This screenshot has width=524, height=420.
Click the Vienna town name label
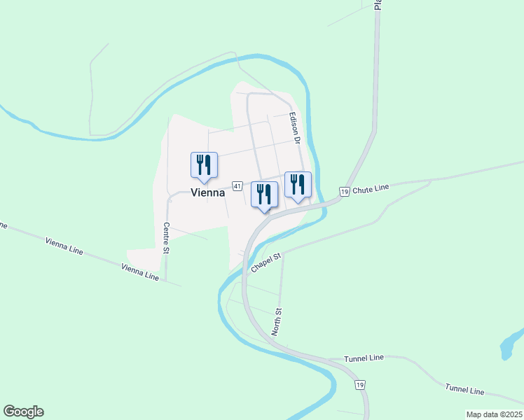207,192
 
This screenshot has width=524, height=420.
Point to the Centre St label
167,238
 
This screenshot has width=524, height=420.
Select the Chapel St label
266,263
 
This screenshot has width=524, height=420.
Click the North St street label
277,321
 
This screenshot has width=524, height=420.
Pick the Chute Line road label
371,189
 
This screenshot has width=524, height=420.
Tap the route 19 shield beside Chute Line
344,191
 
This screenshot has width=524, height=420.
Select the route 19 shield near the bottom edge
359,385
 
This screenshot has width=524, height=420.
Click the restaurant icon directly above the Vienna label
204,164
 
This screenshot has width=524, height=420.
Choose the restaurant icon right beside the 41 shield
264,195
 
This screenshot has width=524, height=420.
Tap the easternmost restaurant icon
298,185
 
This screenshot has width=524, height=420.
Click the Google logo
23,412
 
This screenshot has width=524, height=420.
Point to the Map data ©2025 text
493,414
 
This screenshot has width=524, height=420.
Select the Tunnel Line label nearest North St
364,358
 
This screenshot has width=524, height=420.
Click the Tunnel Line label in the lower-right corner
464,390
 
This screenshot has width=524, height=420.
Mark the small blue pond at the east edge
509,346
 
